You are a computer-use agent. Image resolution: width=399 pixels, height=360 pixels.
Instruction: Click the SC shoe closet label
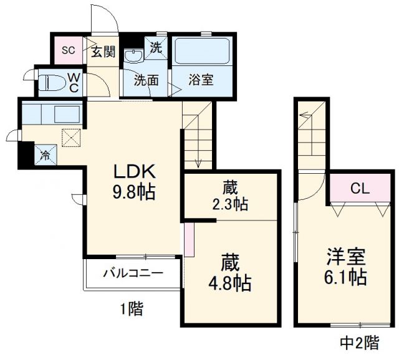[67, 50]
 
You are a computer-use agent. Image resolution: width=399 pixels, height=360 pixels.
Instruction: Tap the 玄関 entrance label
[103, 52]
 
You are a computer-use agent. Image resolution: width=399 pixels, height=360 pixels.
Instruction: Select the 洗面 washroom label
[145, 81]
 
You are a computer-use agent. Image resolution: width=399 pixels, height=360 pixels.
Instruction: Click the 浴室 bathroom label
[201, 81]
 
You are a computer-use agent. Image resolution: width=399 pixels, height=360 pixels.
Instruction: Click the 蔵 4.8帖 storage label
[229, 272]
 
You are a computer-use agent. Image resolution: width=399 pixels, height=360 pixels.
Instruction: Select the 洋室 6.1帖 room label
[344, 266]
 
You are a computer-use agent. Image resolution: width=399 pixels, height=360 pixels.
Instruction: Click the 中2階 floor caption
[358, 341]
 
